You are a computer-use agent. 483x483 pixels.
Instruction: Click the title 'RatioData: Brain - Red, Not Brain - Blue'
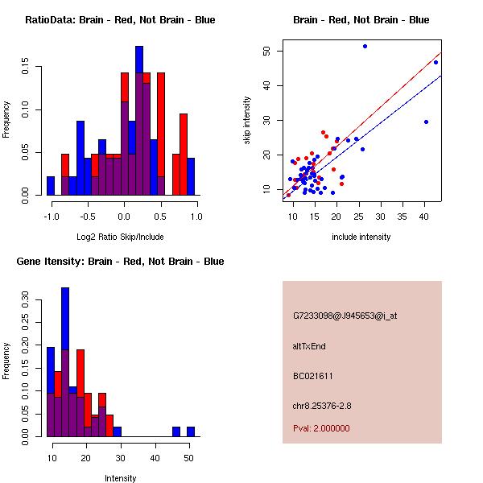point(120,20)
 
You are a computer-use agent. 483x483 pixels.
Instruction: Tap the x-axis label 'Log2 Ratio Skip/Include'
point(120,237)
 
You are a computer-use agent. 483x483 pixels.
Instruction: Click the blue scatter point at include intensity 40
point(426,122)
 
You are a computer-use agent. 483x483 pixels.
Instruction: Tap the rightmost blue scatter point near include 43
point(436,62)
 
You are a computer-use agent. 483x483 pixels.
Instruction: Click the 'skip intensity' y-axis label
point(247,121)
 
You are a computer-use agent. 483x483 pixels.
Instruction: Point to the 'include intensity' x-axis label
point(361,237)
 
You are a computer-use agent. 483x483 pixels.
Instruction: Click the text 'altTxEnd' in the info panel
point(309,346)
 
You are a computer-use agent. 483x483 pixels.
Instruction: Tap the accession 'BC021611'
point(313,376)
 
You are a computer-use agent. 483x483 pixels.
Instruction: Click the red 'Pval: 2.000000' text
point(321,428)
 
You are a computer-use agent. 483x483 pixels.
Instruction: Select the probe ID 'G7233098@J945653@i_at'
point(345,316)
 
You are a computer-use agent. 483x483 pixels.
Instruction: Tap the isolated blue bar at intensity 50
point(191,431)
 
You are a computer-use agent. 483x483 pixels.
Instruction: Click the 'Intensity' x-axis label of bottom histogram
point(121,478)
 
